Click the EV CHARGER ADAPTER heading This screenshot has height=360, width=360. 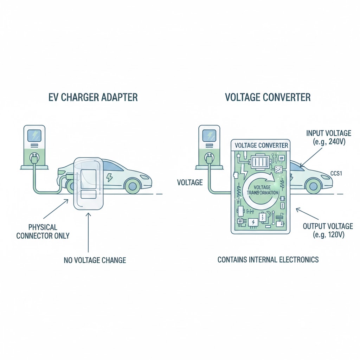pyautogui.click(x=93, y=97)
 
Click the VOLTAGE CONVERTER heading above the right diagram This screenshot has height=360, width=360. pyautogui.click(x=268, y=97)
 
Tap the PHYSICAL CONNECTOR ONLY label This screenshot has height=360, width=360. pyautogui.click(x=43, y=231)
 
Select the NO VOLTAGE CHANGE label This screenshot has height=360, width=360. pyautogui.click(x=95, y=261)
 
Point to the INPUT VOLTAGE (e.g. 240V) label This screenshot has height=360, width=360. pyautogui.click(x=329, y=137)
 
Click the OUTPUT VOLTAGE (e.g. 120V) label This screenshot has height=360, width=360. pyautogui.click(x=328, y=230)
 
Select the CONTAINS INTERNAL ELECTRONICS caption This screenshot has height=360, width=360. pyautogui.click(x=268, y=260)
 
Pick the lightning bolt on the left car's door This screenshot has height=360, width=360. pyautogui.click(x=110, y=177)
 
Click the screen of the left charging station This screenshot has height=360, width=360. pyautogui.click(x=34, y=136)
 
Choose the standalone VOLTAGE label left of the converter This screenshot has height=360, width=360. pyautogui.click(x=190, y=182)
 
